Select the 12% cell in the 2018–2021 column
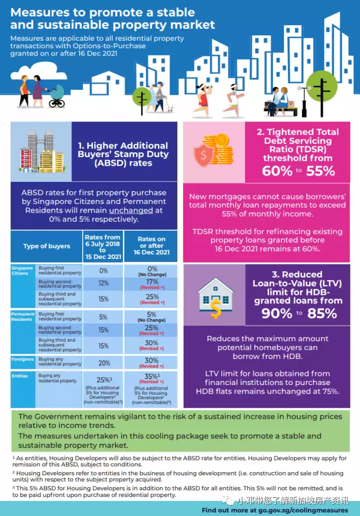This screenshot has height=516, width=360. tap(103, 284)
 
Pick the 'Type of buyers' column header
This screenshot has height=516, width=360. tap(46, 246)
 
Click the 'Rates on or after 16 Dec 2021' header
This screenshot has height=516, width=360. tap(151, 246)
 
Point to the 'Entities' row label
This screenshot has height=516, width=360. tap(20, 376)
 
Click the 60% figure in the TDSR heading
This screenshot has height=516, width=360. tap(277, 171)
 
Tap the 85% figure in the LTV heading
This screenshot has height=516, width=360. tap(323, 313)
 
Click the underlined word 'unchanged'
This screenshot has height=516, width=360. tap(131, 211)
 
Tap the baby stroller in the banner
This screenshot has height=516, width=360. tap(56, 96)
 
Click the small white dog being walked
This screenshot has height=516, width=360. tap(170, 108)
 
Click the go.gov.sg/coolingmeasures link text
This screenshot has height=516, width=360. tap(308, 510)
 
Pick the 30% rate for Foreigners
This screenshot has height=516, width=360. tap(152, 361)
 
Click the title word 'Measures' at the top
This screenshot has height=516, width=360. tap(37, 12)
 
